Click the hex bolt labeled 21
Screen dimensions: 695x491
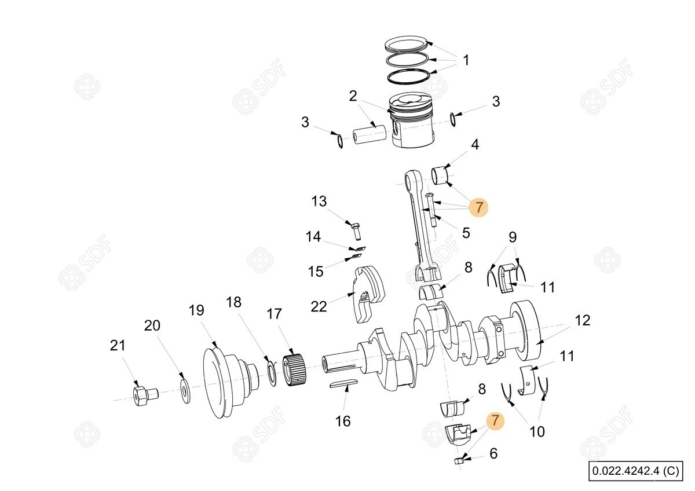click(x=145, y=396)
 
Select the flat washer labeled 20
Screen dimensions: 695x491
click(x=185, y=391)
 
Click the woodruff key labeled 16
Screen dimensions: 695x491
click(x=343, y=384)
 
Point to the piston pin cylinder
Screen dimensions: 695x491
click(x=370, y=137)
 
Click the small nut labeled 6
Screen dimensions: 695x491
click(x=459, y=460)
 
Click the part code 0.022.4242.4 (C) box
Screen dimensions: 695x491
click(x=636, y=471)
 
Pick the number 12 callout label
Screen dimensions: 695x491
click(x=583, y=320)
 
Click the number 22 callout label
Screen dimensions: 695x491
click(x=319, y=306)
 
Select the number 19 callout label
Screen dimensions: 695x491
click(x=196, y=310)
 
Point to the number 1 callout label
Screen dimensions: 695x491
click(x=466, y=60)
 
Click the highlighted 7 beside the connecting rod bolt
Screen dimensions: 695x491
click(x=479, y=207)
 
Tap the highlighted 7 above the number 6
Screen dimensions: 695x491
click(x=495, y=420)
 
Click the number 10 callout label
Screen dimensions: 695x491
click(x=537, y=431)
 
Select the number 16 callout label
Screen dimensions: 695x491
click(x=343, y=421)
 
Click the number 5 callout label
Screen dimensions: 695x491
click(x=466, y=233)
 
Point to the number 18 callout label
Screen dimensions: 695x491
click(x=233, y=302)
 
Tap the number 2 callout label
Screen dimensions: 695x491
click(x=353, y=96)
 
